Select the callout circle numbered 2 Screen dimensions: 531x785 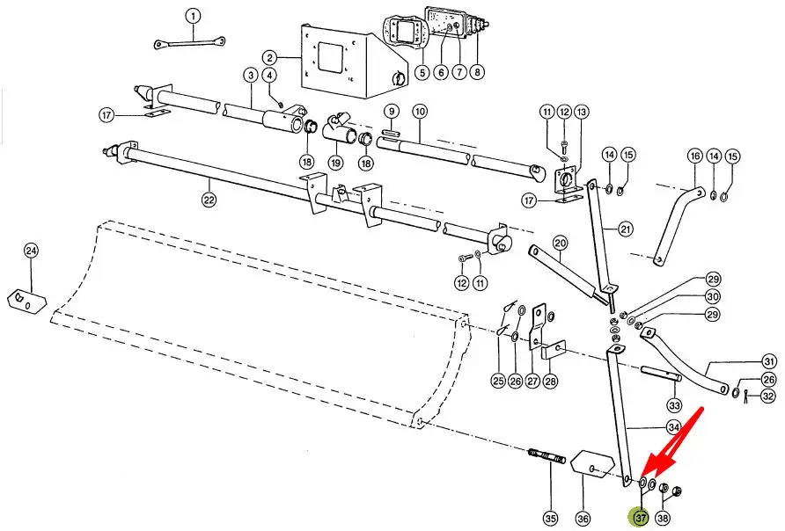coord(270,57)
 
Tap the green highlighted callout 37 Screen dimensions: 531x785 coord(640,518)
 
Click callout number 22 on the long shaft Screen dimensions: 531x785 coord(209,200)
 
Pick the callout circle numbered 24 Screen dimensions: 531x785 coord(31,251)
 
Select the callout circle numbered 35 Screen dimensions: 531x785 coord(550,518)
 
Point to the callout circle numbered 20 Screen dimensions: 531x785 coord(560,244)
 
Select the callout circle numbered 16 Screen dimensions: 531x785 coord(695,156)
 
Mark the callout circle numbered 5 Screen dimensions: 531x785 coord(422,72)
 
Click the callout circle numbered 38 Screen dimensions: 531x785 coord(664,518)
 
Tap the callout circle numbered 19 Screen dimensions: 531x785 coord(335,162)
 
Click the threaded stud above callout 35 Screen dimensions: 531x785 coord(547,457)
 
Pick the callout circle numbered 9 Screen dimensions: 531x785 coord(391,112)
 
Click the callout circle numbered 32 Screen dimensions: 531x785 coord(768,396)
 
